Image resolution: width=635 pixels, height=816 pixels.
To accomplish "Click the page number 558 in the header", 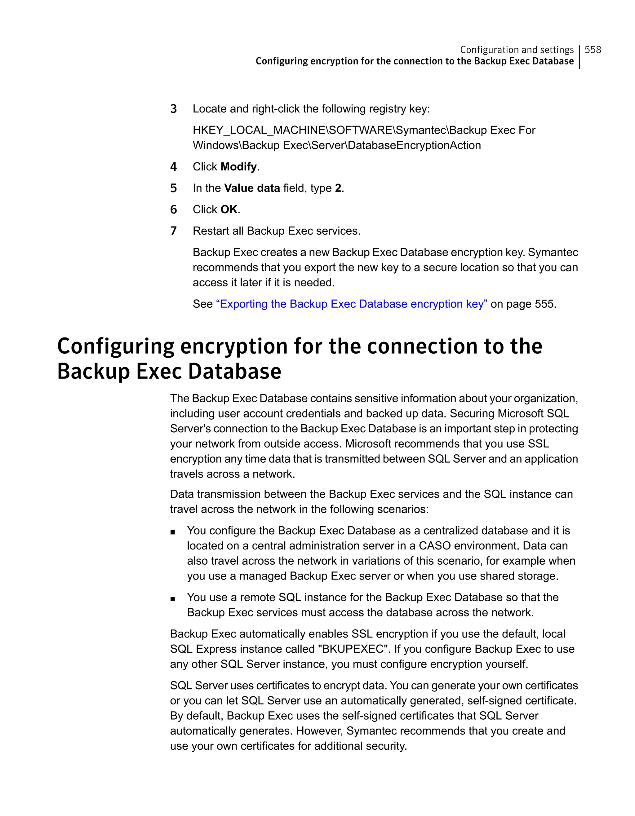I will (593, 50).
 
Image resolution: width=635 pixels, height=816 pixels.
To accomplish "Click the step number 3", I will (173, 109).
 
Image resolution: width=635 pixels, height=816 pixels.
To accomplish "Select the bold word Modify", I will (239, 167).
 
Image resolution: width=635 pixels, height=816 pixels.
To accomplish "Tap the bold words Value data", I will (252, 188).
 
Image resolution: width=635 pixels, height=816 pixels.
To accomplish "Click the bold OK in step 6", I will (229, 210).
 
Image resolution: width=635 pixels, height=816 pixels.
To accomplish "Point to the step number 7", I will (173, 231).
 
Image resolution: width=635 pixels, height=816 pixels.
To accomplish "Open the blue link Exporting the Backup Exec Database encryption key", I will (351, 304).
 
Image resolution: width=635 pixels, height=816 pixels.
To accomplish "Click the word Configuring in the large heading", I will (115, 346).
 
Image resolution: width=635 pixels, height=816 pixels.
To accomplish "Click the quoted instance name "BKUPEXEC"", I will (352, 649).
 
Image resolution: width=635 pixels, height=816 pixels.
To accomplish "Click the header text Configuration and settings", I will (517, 50).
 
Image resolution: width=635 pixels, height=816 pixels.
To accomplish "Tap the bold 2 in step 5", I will (338, 188).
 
